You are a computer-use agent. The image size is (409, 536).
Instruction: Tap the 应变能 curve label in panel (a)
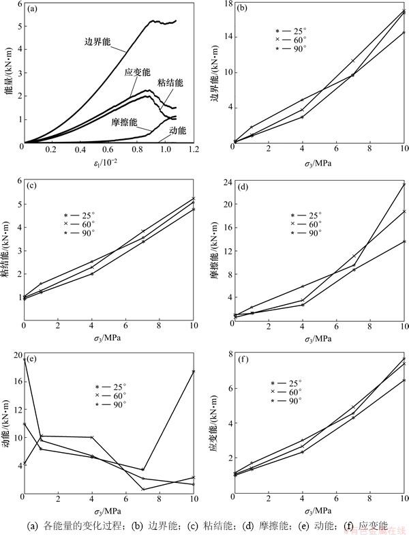pyautogui.click(x=138, y=72)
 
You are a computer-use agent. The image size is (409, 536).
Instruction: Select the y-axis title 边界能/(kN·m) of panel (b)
pyautogui.click(x=215, y=74)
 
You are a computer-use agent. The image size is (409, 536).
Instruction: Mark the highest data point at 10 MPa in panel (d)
pyautogui.click(x=404, y=184)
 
